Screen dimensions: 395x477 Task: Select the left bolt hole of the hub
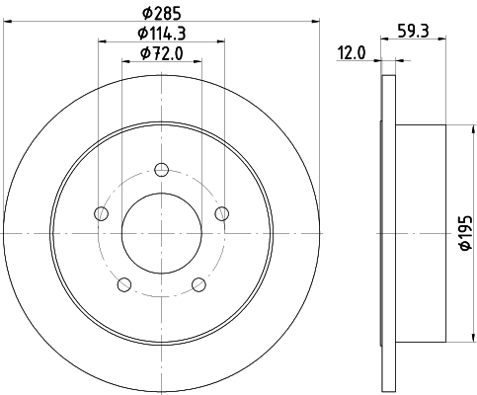point(100,212)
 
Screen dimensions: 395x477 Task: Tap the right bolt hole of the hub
point(222,212)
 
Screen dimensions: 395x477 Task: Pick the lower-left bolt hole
point(123,284)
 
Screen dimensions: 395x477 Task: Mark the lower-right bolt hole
point(199,284)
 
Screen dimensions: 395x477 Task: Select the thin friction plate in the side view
point(387,233)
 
